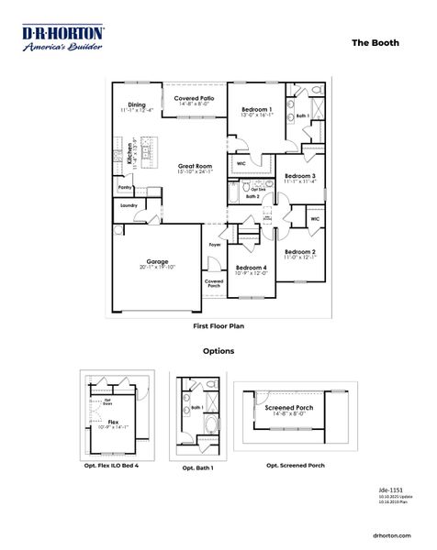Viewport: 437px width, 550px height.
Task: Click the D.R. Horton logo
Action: click(62, 38)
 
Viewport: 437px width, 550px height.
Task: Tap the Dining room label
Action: click(137, 104)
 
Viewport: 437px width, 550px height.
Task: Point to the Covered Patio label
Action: click(195, 97)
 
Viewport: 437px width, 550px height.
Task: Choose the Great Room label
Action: click(195, 166)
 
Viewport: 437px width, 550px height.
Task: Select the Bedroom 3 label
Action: click(300, 175)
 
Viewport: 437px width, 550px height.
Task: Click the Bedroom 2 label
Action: click(299, 251)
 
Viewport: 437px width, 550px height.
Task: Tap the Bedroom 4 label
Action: click(252, 266)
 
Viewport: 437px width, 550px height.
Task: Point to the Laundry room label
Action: click(129, 205)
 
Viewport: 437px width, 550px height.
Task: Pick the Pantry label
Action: click(125, 186)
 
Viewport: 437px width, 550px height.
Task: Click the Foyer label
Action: click(215, 246)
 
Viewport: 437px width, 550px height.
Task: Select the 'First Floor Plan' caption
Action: click(218, 325)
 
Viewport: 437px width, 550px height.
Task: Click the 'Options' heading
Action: click(218, 350)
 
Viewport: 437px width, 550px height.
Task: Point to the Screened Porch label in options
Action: click(289, 407)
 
